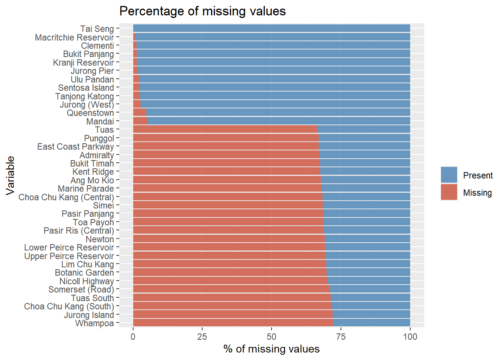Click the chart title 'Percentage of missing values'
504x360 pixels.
tap(202, 11)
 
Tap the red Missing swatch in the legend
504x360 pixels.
tap(449, 192)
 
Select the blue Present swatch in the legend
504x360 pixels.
tap(449, 175)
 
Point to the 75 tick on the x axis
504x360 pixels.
tap(341, 337)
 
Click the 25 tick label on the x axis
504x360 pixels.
tap(202, 337)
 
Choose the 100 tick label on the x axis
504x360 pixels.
tap(410, 337)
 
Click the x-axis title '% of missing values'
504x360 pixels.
tap(271, 349)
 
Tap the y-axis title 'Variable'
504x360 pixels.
tap(10, 175)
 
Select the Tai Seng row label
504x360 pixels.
tap(97, 29)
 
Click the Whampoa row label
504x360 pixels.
tap(94, 323)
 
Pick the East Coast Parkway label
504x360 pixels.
tap(75, 147)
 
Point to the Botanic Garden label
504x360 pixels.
tap(84, 273)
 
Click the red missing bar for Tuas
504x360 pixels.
tap(225, 129)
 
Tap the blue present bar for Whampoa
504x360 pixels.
tap(371, 323)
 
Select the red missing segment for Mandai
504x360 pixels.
tap(140, 121)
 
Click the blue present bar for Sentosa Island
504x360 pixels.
tap(274, 87)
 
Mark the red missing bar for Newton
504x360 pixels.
tap(229, 239)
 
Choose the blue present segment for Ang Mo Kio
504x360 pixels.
tap(366, 180)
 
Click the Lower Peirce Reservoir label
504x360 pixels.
tap(69, 247)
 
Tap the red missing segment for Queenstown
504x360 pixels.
tap(139, 112)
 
